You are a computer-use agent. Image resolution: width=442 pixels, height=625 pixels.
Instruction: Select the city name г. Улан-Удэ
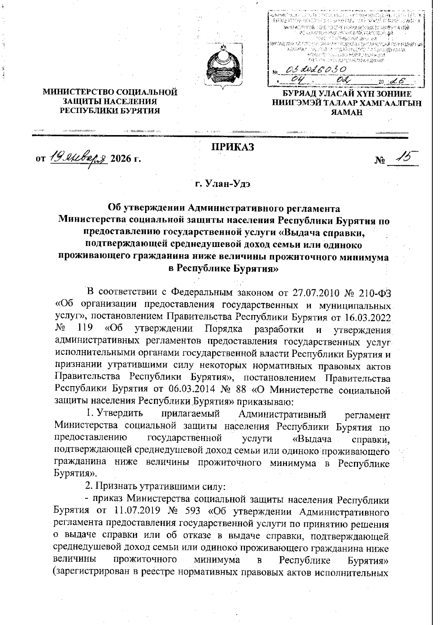(223, 183)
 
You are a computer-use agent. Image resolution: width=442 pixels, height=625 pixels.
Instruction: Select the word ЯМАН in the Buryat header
(346, 113)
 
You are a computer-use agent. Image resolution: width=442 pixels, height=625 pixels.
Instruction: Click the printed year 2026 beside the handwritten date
(122, 159)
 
